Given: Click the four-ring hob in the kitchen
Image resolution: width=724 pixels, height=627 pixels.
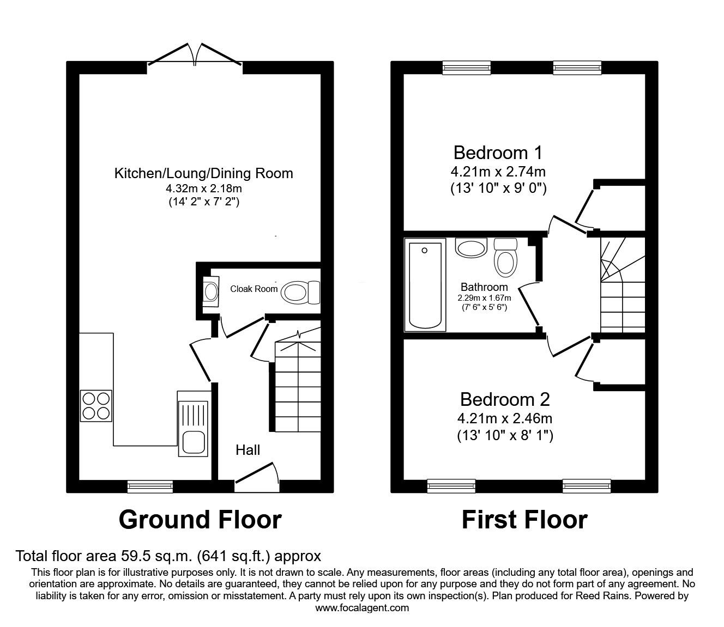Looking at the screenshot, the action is click(96, 406).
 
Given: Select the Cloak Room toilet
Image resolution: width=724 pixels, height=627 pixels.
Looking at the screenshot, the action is click(300, 293).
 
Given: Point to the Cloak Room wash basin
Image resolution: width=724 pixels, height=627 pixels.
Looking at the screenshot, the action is click(211, 291).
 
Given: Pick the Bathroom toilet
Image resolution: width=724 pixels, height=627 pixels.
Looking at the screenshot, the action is click(505, 257).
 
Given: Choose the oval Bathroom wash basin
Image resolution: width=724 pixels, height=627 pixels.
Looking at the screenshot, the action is click(472, 248).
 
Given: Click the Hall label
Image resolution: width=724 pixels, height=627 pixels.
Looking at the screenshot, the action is click(248, 450).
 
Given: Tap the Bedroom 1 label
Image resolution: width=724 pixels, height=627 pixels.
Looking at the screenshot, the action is click(498, 153).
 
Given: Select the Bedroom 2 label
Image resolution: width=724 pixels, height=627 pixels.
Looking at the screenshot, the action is click(505, 399).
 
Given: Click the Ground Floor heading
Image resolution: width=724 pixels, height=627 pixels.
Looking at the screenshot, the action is click(200, 520).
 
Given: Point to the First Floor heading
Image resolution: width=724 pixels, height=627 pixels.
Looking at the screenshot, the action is click(524, 520).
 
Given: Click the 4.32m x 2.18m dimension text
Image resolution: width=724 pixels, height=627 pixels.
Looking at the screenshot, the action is click(203, 188).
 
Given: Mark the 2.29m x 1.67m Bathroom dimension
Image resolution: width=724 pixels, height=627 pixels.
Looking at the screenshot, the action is click(484, 299).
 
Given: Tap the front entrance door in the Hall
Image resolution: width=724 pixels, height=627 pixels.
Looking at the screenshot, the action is click(257, 477).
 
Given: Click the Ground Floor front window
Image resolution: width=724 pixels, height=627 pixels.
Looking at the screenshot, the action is click(150, 486).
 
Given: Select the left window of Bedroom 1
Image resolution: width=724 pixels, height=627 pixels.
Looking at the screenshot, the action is click(466, 68).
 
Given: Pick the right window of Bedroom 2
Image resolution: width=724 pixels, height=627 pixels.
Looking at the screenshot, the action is click(587, 486).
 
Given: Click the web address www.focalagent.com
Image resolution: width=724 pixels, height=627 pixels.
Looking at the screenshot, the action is click(362, 608).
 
